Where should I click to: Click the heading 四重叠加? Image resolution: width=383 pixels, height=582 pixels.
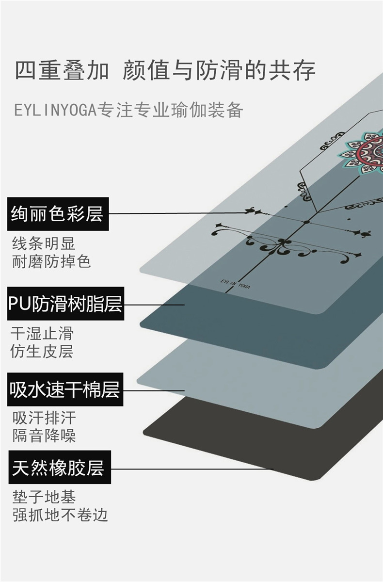62,70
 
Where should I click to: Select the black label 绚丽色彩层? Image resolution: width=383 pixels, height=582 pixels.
58,213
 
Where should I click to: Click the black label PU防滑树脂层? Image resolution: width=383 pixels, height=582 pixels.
65,304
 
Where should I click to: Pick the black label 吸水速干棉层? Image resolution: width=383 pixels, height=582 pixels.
65,389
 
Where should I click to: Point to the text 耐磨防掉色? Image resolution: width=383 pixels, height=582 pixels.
51,262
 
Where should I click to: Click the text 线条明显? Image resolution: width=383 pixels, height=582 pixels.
44,243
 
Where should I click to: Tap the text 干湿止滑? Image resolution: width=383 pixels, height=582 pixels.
42,333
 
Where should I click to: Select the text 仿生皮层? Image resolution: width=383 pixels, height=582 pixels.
42,352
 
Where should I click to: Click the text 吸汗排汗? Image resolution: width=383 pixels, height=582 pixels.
44,418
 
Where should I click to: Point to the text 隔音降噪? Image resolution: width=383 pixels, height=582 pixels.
44,436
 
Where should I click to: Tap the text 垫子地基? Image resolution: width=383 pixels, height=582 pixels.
44,497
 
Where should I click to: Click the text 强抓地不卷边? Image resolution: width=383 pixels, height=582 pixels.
60,515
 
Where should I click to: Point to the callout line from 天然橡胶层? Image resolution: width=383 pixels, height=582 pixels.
194,469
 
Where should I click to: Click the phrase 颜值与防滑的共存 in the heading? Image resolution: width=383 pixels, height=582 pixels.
219,70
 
